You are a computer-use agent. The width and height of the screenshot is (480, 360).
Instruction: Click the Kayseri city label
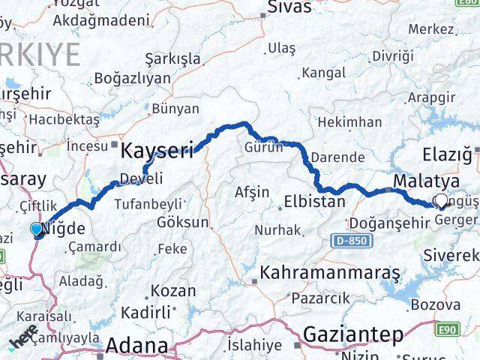coord(157,150)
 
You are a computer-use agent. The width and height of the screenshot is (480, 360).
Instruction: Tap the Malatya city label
coord(426,182)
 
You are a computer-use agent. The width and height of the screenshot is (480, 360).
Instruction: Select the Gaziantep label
coord(353,335)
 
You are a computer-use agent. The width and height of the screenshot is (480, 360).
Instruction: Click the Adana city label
coord(136,346)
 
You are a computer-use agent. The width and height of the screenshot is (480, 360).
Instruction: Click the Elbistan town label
coord(314,201)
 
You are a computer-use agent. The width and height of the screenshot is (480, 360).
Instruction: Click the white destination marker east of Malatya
coord(441,201)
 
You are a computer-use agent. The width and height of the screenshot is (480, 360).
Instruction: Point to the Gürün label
coord(263,148)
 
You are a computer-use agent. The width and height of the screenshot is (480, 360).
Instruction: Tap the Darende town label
coord(339,158)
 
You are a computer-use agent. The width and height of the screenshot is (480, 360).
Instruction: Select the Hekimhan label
coord(350,122)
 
